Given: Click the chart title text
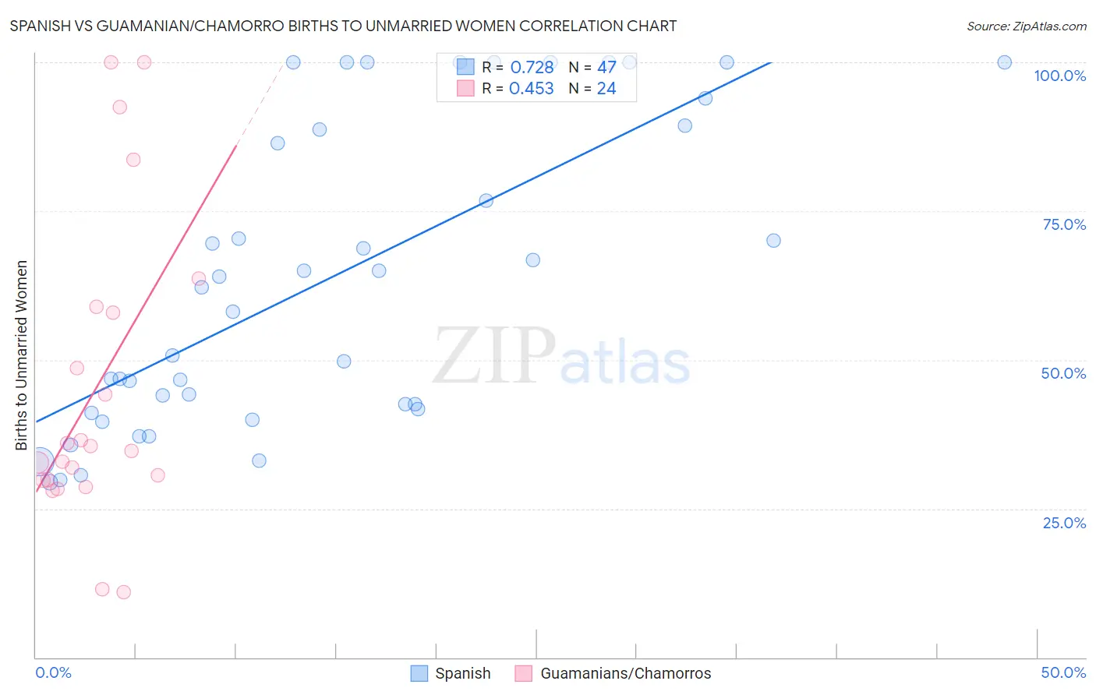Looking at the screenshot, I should pos(343,26).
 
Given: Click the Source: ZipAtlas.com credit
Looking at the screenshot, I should pos(1026,26).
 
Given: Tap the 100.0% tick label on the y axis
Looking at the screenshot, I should pos(1059,76).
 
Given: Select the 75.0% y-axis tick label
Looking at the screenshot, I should pos(1064,224).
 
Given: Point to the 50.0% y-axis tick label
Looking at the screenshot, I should pos(1063,373).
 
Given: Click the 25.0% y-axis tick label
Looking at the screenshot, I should pos(1064,523).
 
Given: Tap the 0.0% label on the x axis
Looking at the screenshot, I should pos(53,672).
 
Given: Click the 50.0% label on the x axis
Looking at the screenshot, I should pos(1063,672).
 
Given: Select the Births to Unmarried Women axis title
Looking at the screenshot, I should pos(21,355).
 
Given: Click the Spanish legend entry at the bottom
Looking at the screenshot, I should pos(451,673).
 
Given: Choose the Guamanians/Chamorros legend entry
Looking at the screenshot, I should pos(613,673).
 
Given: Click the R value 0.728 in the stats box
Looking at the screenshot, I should pos(532,68).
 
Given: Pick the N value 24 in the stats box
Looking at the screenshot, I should pos(606,89).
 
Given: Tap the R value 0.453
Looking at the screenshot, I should pos(532,89).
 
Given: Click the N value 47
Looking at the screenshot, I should pos(606,68).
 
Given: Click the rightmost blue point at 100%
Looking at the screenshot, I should pos(1004,62).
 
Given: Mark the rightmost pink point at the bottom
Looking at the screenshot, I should pos(123,592).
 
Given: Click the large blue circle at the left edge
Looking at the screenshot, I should pos(39,462).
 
